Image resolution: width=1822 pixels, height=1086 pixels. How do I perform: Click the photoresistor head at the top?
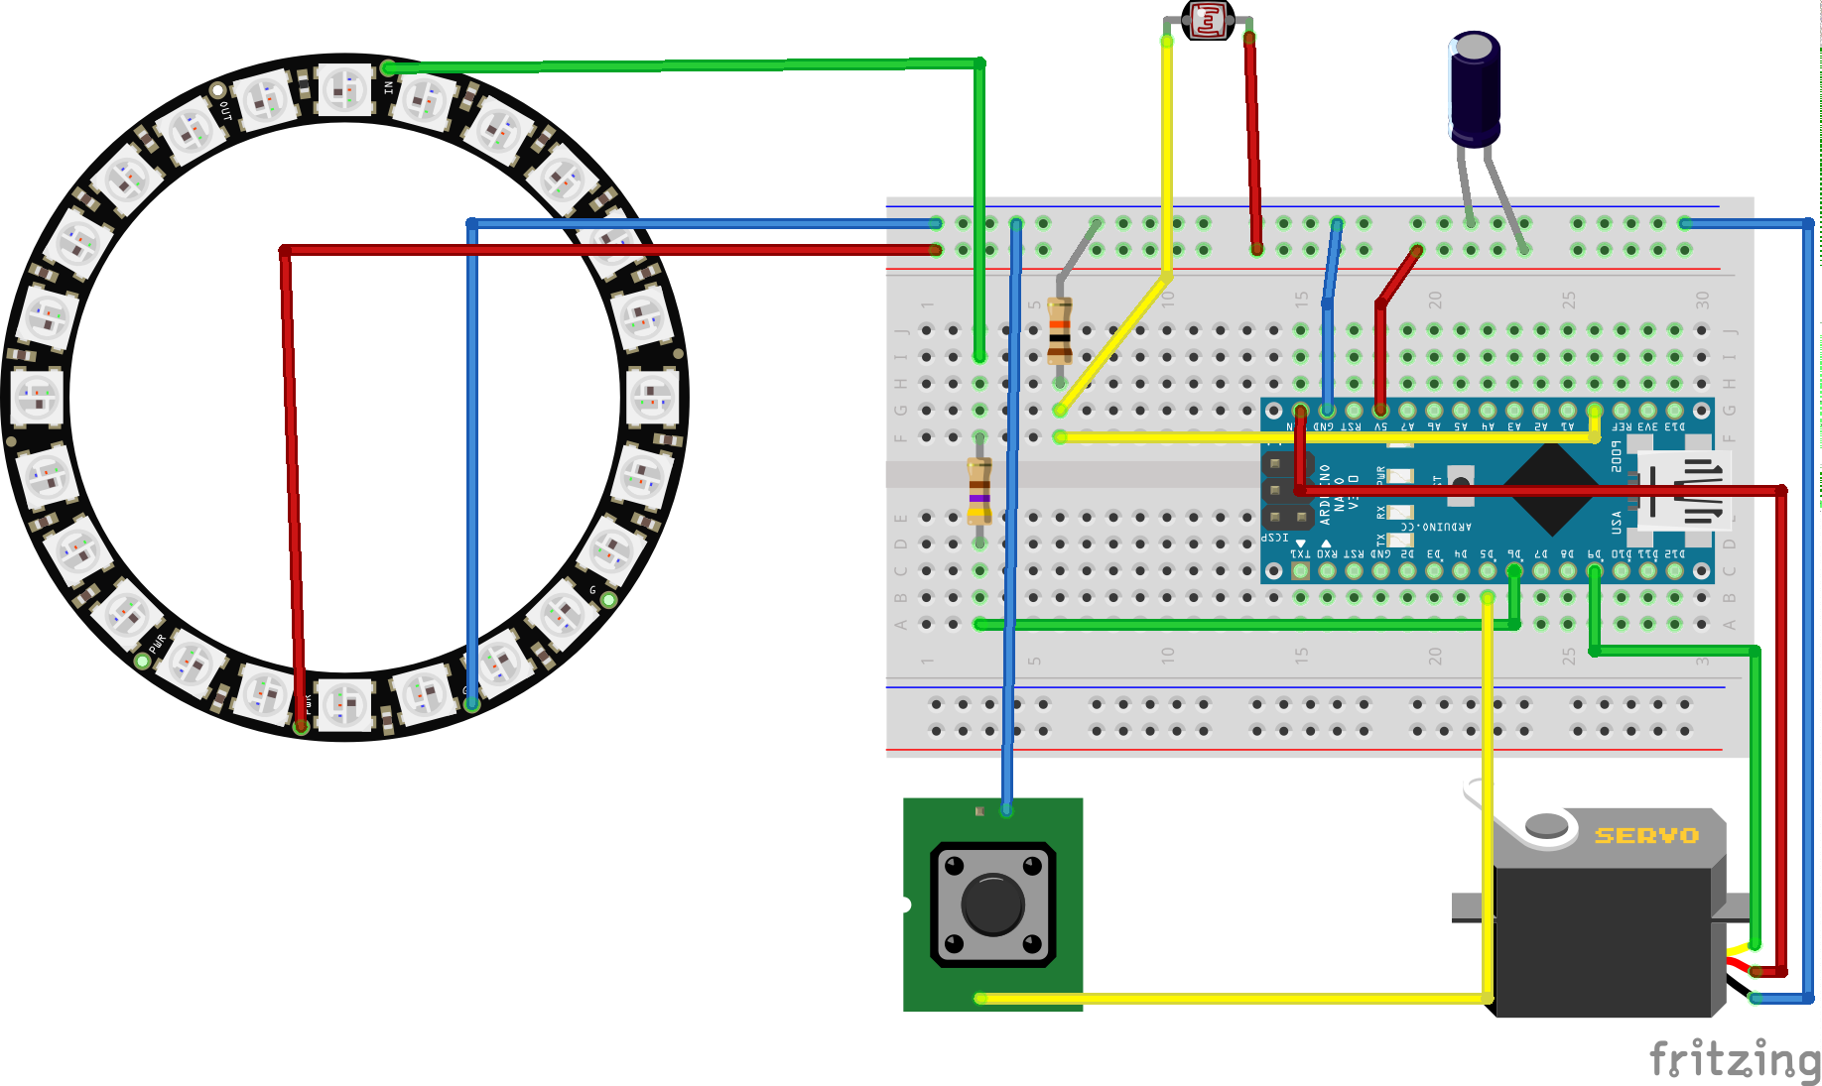(x=1208, y=20)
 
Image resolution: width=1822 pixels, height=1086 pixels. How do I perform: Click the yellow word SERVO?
(x=1646, y=836)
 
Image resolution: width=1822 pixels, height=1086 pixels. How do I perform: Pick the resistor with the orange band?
(x=1060, y=330)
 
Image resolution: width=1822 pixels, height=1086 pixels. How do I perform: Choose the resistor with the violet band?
(x=979, y=490)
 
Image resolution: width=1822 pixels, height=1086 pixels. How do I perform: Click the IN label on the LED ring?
(x=389, y=87)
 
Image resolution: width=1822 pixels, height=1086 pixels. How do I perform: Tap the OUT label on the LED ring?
(x=227, y=110)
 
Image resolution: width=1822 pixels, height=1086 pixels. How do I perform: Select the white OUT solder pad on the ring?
(x=217, y=91)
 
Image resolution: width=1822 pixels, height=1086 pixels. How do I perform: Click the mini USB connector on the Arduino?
(x=1685, y=490)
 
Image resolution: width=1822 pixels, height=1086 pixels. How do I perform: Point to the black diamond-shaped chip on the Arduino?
(x=1550, y=490)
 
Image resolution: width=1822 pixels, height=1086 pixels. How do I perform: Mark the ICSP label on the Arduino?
(x=1274, y=538)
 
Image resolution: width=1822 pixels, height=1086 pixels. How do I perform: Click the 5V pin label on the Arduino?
(x=1380, y=426)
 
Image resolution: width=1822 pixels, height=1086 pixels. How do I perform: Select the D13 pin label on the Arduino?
(x=1675, y=426)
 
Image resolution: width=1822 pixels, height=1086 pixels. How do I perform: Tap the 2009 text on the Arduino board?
(x=1617, y=457)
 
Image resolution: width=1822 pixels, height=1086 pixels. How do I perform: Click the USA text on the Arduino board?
(x=1617, y=522)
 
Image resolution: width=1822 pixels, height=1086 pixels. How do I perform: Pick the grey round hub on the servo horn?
(x=1545, y=824)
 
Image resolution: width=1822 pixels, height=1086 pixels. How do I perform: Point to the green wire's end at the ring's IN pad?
(x=388, y=68)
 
